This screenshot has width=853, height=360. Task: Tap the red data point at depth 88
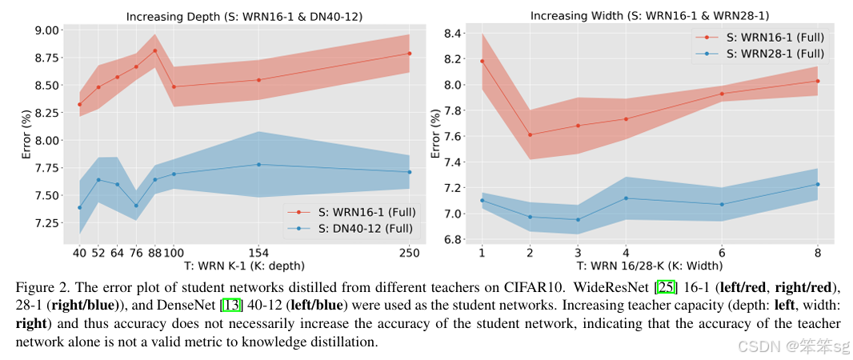154,50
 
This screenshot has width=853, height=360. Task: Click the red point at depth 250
409,54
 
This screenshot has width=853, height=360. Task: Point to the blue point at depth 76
136,206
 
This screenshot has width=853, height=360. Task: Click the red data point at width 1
482,61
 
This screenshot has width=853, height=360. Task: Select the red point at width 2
530,134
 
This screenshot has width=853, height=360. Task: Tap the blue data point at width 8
818,184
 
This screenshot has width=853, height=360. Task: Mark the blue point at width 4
626,198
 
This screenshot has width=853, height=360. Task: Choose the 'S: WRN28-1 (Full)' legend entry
769,54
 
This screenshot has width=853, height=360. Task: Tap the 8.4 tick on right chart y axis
455,33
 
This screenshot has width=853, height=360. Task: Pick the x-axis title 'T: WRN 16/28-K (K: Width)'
649,266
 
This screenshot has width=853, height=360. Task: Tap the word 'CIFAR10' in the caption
520,286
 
